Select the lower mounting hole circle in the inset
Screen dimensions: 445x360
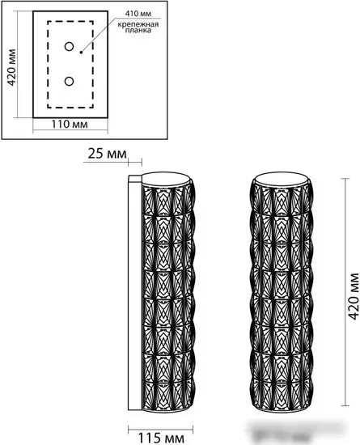coord(68,81)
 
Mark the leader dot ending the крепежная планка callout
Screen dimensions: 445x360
coord(82,53)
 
